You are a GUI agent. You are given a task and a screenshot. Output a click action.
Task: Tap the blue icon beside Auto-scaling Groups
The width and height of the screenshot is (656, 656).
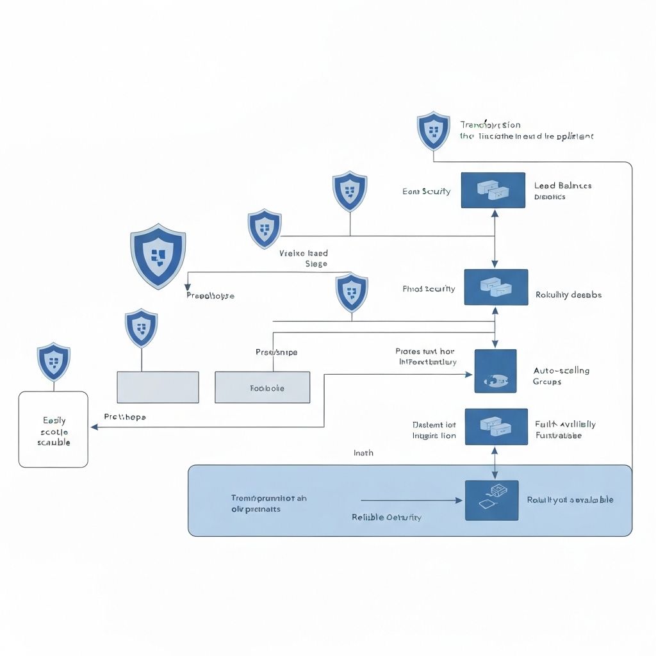pyautogui.click(x=495, y=371)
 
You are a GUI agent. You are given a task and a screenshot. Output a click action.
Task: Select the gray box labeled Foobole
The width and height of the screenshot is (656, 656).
pyautogui.click(x=263, y=388)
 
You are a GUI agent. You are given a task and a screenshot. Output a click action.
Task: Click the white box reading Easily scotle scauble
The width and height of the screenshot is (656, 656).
pyautogui.click(x=53, y=429)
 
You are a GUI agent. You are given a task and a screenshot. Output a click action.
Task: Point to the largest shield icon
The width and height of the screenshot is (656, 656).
pyautogui.click(x=158, y=256)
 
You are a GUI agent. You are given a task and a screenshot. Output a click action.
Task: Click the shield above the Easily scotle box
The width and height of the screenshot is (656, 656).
pyautogui.click(x=54, y=362)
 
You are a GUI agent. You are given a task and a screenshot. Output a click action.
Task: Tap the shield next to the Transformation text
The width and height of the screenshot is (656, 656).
pyautogui.click(x=434, y=131)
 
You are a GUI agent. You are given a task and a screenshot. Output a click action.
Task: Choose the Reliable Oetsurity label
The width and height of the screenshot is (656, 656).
pyautogui.click(x=386, y=517)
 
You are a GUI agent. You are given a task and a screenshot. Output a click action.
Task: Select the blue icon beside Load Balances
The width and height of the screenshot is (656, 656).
pyautogui.click(x=493, y=190)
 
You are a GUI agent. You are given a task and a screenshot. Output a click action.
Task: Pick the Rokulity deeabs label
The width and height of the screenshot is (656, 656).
pyautogui.click(x=568, y=295)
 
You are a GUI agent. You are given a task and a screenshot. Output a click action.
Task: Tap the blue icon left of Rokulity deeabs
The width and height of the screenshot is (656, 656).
pyautogui.click(x=495, y=287)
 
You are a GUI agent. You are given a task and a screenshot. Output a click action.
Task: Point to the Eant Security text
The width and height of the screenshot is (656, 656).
pyautogui.click(x=426, y=191)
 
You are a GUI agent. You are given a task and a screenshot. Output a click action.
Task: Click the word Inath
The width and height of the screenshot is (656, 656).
pyautogui.click(x=363, y=453)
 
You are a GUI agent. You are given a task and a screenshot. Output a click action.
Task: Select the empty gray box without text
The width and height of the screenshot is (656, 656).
pyautogui.click(x=158, y=387)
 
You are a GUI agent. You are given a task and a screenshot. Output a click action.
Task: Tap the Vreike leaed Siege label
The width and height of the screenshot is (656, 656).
pyautogui.click(x=304, y=258)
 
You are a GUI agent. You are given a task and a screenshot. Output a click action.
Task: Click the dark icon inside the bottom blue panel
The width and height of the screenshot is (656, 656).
pyautogui.click(x=491, y=500)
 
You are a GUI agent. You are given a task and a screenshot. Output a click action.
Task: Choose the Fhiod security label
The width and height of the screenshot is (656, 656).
pyautogui.click(x=429, y=289)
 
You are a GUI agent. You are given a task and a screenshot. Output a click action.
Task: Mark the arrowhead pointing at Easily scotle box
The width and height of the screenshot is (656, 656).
pyautogui.click(x=94, y=427)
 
